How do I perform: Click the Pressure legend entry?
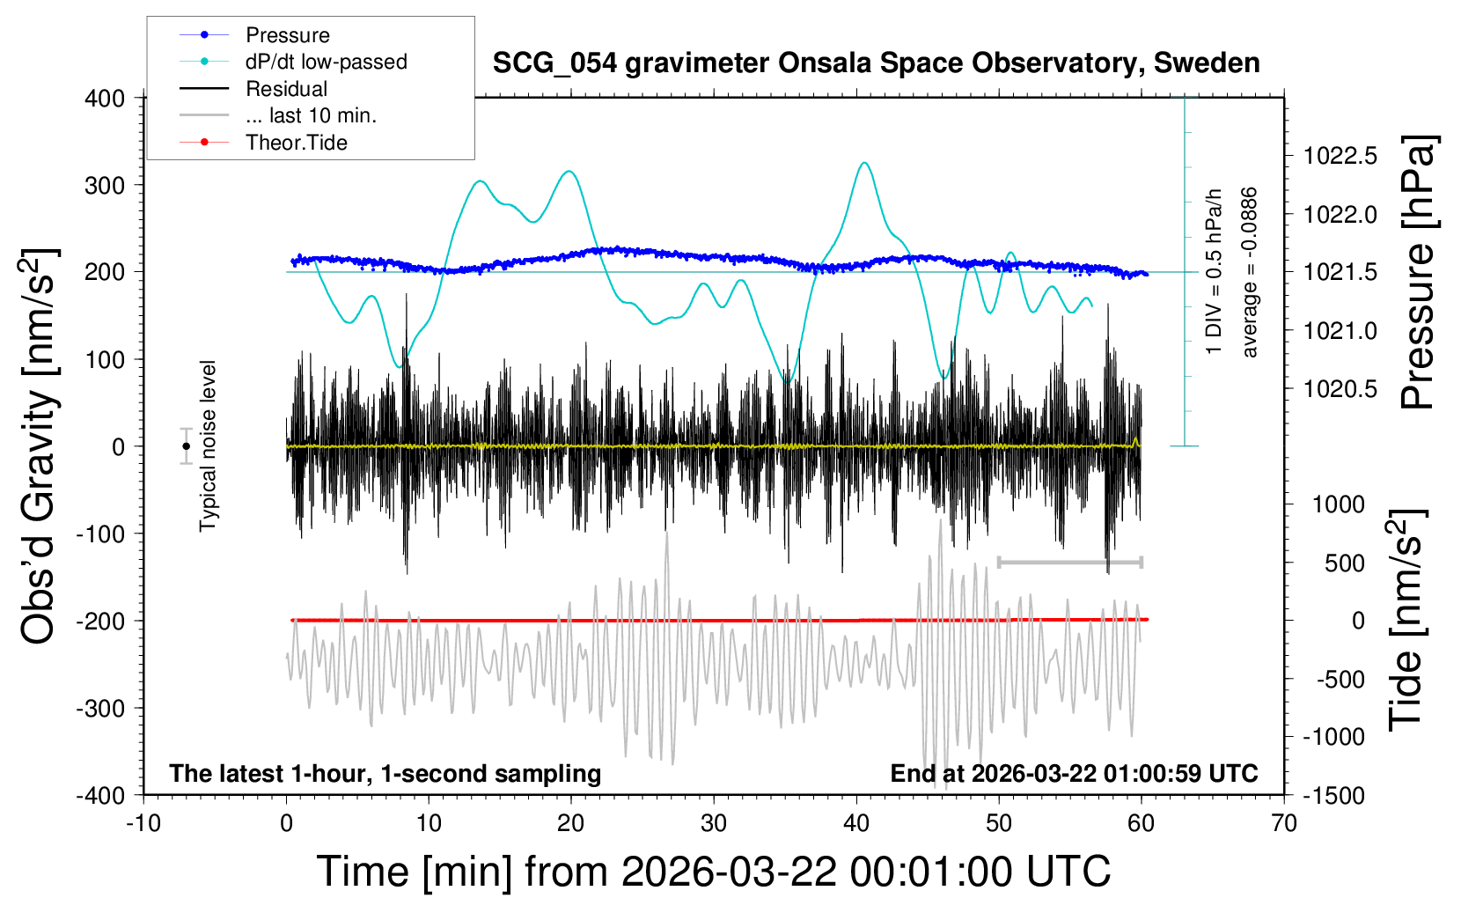click(x=287, y=35)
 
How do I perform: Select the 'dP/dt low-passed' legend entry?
click(x=326, y=62)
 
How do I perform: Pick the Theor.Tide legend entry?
click(x=296, y=143)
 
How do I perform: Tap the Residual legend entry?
click(x=286, y=89)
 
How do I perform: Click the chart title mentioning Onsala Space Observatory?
click(x=876, y=63)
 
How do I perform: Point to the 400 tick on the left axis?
click(x=105, y=98)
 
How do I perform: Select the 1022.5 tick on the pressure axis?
click(x=1340, y=156)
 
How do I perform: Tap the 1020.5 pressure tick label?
click(x=1340, y=388)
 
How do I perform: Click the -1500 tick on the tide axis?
click(x=1334, y=795)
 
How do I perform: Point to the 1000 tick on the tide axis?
click(x=1339, y=504)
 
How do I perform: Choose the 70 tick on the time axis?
click(x=1284, y=823)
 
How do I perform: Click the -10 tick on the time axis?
click(x=143, y=823)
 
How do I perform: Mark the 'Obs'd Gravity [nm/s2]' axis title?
click(x=39, y=446)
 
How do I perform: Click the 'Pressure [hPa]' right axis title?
click(x=1418, y=273)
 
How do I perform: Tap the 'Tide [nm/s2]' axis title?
click(x=1406, y=620)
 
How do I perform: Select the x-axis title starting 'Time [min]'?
click(x=713, y=872)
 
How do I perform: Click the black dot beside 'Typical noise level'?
click(x=186, y=446)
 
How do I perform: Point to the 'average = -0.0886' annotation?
click(x=1249, y=273)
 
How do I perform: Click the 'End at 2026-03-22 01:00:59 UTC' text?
click(x=1074, y=773)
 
